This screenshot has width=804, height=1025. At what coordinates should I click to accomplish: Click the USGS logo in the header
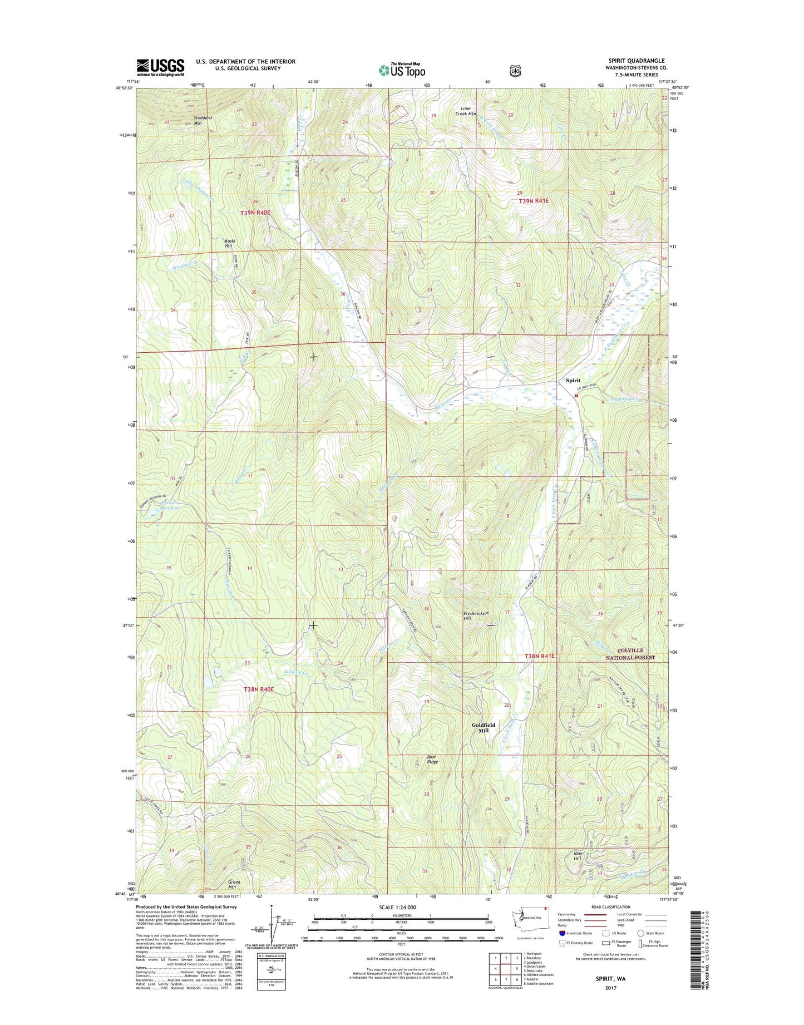pos(160,67)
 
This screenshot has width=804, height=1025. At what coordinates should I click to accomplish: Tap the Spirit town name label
pos(573,381)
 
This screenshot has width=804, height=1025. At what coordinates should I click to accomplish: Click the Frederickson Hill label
pos(476,615)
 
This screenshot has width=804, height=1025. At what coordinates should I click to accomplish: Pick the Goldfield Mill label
pos(483,727)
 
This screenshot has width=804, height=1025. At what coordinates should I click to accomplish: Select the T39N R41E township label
pos(534,201)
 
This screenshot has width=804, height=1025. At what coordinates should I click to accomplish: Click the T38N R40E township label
pos(259,689)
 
